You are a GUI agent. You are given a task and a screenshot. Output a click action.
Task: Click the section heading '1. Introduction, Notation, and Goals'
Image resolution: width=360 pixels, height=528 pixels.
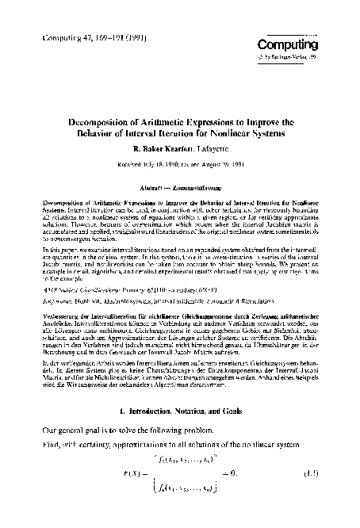tap(179, 410)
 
